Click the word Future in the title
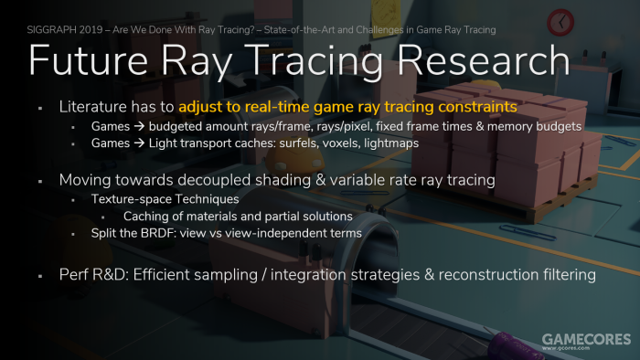pyautogui.click(x=88, y=60)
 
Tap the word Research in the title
pyautogui.click(x=484, y=60)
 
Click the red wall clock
pyautogui.click(x=560, y=22)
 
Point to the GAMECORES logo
pyautogui.click(x=587, y=341)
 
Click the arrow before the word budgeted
pyautogui.click(x=139, y=126)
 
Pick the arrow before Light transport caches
pyautogui.click(x=139, y=143)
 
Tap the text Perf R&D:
pyautogui.click(x=94, y=274)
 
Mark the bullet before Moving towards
pyautogui.click(x=40, y=181)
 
